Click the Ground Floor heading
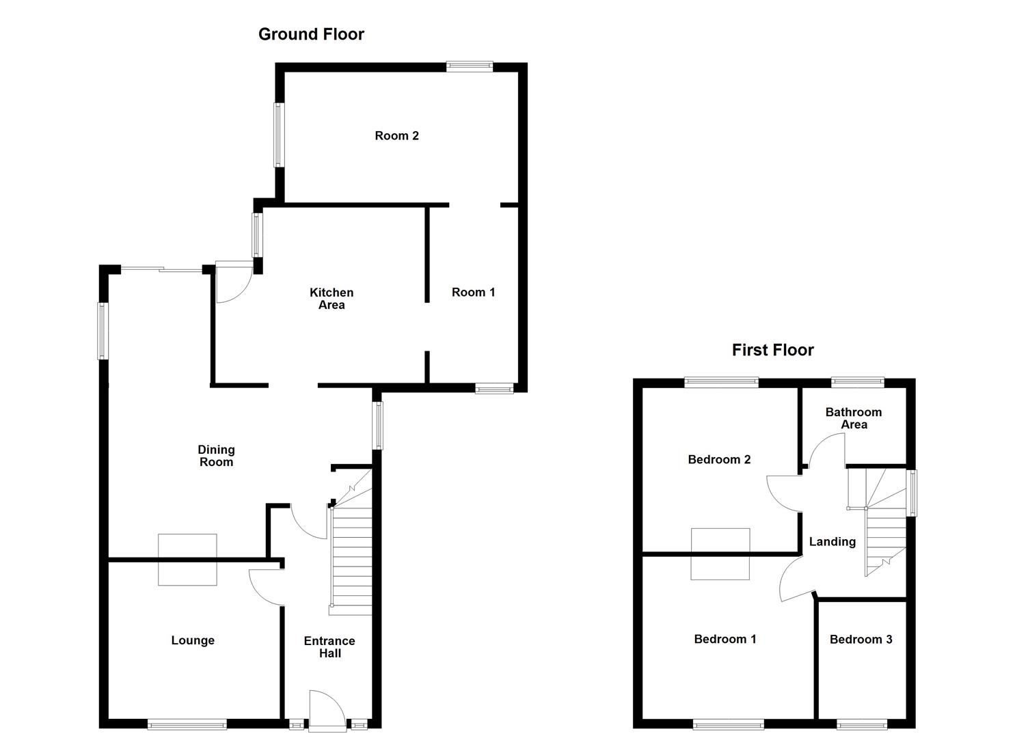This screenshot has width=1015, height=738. (311, 34)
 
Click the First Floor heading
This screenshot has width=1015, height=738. (772, 350)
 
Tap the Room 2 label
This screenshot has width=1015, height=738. (396, 135)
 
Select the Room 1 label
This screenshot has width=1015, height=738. (473, 292)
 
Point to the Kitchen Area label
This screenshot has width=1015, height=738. (331, 299)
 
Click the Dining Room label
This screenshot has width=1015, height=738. (216, 455)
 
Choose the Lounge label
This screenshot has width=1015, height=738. (193, 640)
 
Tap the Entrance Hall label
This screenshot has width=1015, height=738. (329, 646)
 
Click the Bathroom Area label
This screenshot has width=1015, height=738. (854, 418)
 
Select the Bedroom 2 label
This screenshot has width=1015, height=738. (719, 459)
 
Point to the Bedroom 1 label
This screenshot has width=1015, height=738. (725, 639)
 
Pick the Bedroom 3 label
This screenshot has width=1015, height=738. (861, 639)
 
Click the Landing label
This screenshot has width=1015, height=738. (832, 541)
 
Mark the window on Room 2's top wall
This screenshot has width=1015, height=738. (470, 66)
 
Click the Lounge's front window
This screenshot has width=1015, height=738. (187, 724)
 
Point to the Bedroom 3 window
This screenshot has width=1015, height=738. (863, 724)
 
